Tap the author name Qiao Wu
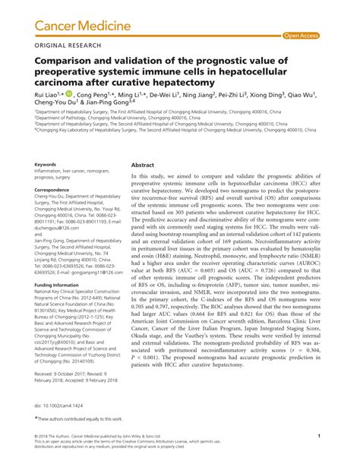(324, 97)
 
